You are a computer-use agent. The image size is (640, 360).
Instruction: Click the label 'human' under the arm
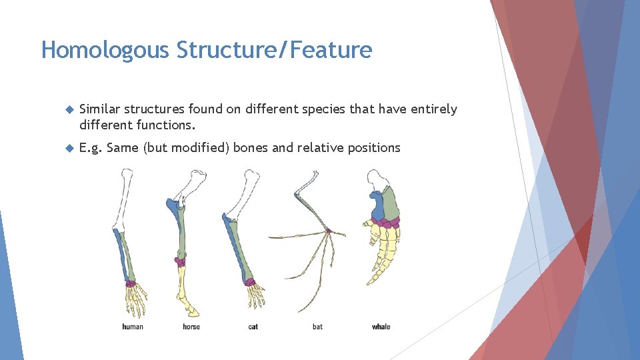coord(133,327)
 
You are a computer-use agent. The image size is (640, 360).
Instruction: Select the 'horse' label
coord(191,327)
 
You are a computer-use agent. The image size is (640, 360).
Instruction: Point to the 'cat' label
coord(253,327)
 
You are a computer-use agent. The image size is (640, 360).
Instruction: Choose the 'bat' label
coord(317,327)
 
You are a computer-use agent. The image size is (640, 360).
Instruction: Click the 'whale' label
coord(381,327)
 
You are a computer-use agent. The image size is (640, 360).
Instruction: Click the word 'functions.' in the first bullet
coord(167,125)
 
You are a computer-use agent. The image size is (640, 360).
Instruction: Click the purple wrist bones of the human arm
coord(131,284)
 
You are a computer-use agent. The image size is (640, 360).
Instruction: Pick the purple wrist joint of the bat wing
coord(328,231)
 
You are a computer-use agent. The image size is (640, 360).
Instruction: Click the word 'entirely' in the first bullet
coord(433,109)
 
